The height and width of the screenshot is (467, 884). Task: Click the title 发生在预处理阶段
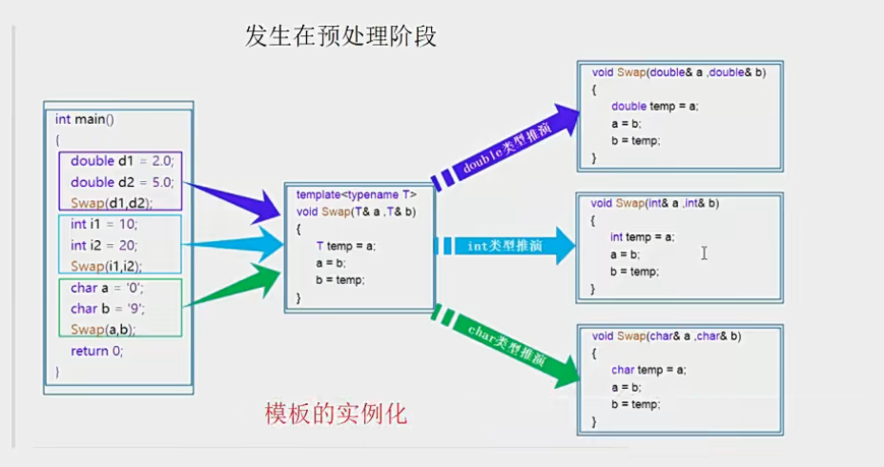[340, 36]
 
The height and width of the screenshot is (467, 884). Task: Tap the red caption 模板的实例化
[336, 415]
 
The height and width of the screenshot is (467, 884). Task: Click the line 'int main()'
[84, 119]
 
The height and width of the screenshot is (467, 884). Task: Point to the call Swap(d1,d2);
[112, 202]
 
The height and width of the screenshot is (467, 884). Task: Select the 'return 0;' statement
[96, 351]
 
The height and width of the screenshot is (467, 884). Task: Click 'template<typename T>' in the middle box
[356, 194]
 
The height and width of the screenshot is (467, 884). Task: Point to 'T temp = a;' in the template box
[345, 246]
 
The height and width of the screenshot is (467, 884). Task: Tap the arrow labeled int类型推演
[505, 246]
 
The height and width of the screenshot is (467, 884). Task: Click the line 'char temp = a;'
[648, 370]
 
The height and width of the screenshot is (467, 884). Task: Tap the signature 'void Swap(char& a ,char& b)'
[667, 335]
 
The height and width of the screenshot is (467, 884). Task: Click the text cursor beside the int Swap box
[703, 253]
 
